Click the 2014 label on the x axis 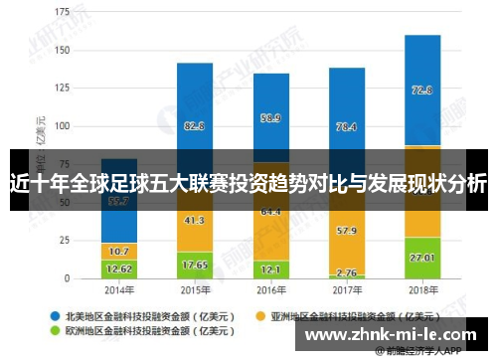coord(119,290)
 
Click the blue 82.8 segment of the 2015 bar coord(195,125)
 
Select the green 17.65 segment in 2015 coord(195,265)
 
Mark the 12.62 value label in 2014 coord(119,269)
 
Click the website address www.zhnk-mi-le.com coord(395,335)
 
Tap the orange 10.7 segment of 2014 coord(119,251)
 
